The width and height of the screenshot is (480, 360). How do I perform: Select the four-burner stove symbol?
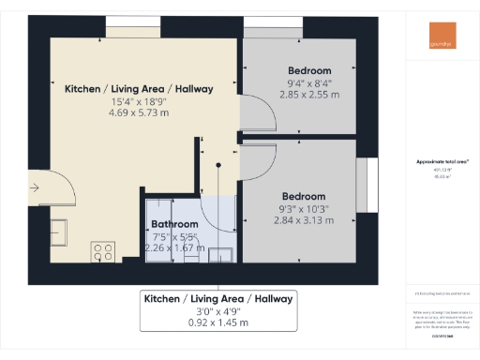(102, 251)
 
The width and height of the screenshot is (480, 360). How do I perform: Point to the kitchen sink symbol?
(56, 230)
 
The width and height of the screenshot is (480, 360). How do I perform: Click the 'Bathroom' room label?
(174, 225)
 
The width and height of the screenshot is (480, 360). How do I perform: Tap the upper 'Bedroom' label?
(309, 71)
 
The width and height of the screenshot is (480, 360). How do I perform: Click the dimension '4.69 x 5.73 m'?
(138, 112)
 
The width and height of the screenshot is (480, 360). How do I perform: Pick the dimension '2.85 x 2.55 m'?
(309, 96)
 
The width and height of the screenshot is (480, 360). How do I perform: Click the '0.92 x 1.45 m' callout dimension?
(217, 322)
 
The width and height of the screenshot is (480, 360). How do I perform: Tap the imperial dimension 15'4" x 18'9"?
(138, 101)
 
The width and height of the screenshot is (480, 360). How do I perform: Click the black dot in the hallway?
(217, 166)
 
